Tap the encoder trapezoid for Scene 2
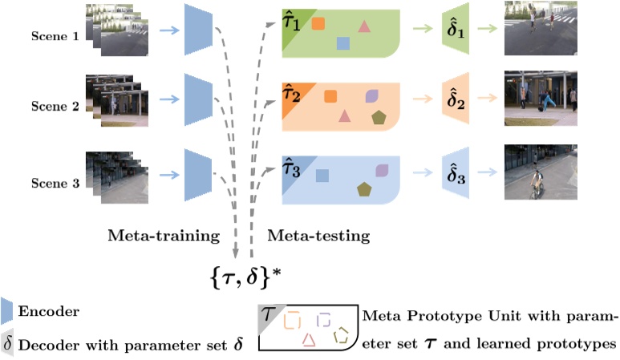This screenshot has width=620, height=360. [x=196, y=99]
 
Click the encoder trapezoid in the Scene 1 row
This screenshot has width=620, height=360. [x=196, y=30]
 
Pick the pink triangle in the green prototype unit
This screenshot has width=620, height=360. [x=364, y=26]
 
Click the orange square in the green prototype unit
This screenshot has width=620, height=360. [x=318, y=23]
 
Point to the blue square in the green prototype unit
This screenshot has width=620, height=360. [x=343, y=43]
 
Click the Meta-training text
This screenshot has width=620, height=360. [x=164, y=236]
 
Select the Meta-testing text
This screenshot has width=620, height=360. [x=318, y=236]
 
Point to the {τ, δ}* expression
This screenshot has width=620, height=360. [x=244, y=277]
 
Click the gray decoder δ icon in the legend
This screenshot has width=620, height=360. [x=7, y=344]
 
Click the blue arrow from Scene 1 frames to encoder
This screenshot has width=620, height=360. [x=168, y=30]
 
